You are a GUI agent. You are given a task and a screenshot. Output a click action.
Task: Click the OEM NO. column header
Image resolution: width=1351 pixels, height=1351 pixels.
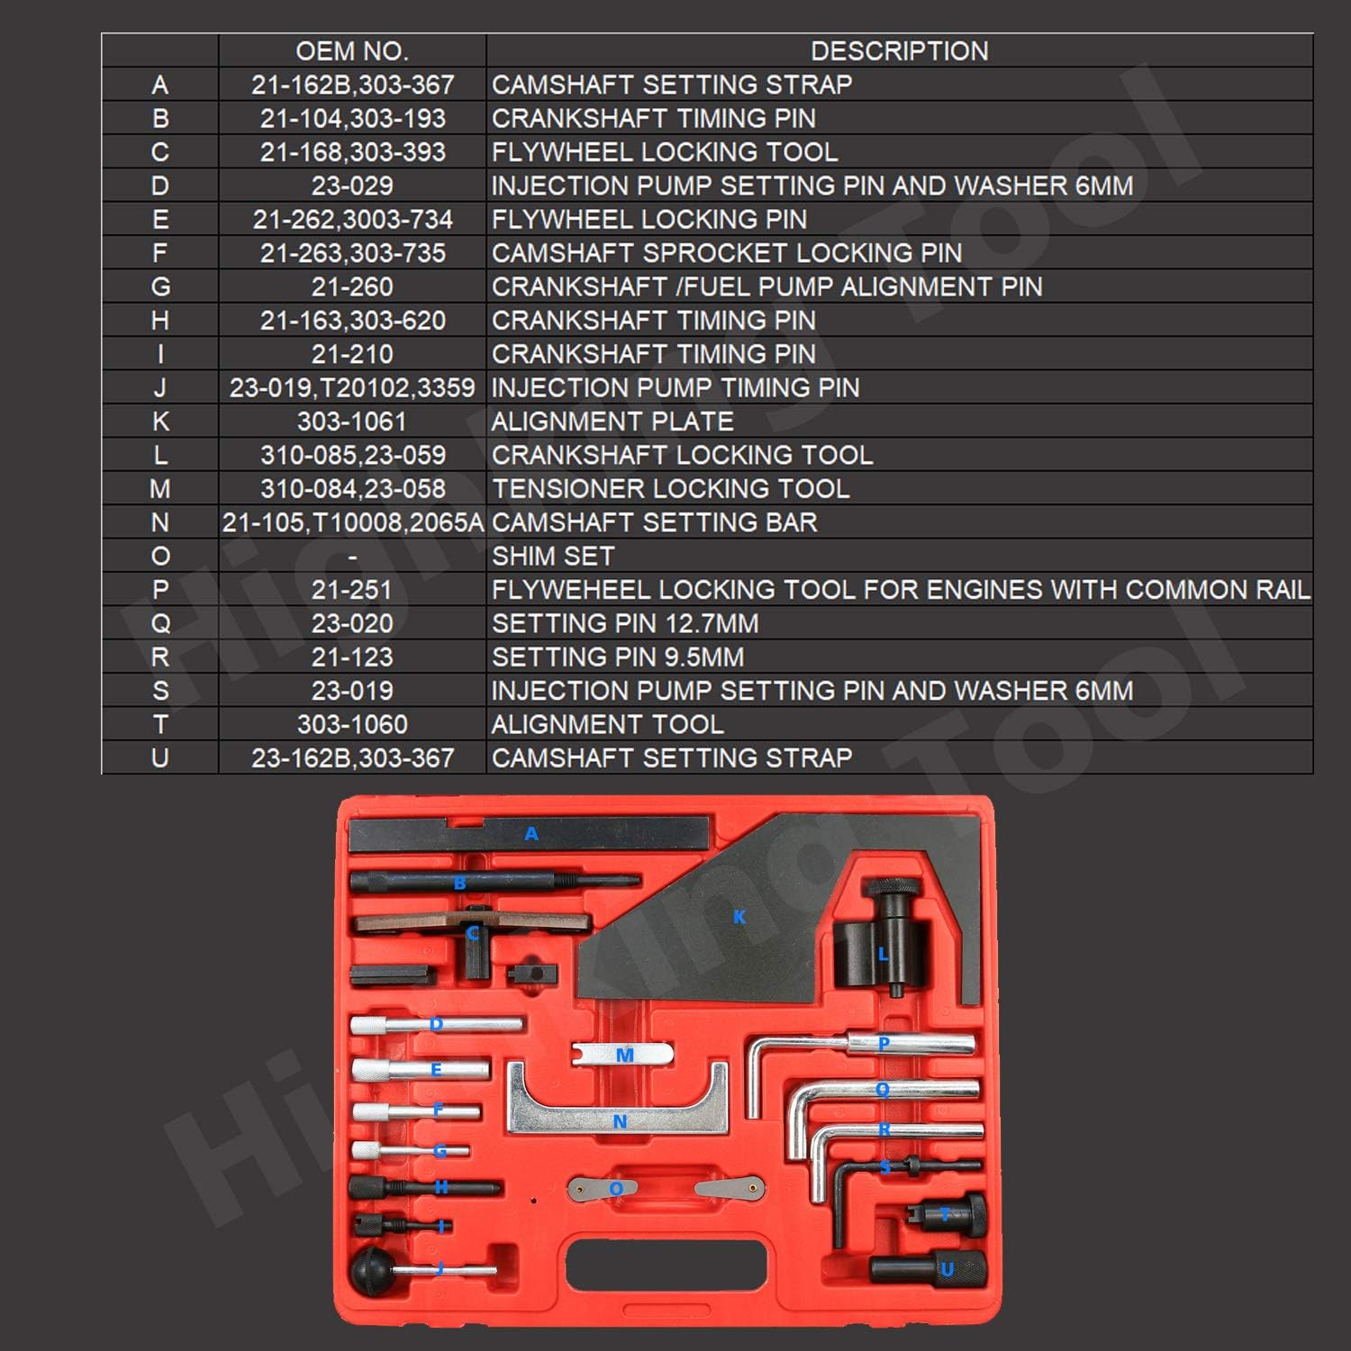(x=351, y=51)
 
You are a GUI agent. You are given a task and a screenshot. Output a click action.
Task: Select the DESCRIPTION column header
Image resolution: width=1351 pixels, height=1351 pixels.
(x=899, y=51)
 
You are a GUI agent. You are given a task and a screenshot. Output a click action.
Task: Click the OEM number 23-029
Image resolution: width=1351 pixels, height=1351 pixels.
(x=351, y=186)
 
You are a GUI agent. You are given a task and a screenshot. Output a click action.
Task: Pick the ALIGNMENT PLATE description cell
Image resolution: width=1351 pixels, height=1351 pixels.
(x=612, y=422)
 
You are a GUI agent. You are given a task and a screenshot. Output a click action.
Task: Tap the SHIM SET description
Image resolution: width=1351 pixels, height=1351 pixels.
(x=553, y=556)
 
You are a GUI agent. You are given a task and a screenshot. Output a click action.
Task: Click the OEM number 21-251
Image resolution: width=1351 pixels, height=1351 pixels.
(x=351, y=590)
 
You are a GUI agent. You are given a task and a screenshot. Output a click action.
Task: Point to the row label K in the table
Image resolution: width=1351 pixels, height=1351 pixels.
(x=160, y=422)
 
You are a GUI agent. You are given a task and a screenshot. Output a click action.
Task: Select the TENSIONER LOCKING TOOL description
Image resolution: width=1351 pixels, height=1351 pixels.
(x=670, y=489)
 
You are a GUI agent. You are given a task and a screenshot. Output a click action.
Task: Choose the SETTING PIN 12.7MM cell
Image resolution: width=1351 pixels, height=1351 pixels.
(x=625, y=623)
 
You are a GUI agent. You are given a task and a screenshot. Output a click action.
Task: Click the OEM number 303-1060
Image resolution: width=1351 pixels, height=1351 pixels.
(x=351, y=724)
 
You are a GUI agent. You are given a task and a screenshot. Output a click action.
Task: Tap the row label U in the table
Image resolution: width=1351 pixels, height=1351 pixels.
(x=160, y=758)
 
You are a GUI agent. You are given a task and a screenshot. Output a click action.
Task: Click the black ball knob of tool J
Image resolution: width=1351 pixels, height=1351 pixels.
(x=369, y=1270)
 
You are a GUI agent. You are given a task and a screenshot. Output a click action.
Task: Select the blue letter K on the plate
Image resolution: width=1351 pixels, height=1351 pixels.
(x=739, y=917)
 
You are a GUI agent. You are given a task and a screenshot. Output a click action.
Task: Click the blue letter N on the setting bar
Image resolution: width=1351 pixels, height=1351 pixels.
(x=620, y=1122)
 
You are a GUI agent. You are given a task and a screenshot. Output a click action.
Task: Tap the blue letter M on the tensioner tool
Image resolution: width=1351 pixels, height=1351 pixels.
(x=625, y=1055)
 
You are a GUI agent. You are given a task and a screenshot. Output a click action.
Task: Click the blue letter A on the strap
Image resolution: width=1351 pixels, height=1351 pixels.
(x=531, y=834)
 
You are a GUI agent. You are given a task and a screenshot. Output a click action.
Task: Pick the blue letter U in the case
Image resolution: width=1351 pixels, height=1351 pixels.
(x=947, y=1270)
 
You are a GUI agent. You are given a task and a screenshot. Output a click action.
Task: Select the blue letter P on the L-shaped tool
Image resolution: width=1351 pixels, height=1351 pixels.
(x=884, y=1043)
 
